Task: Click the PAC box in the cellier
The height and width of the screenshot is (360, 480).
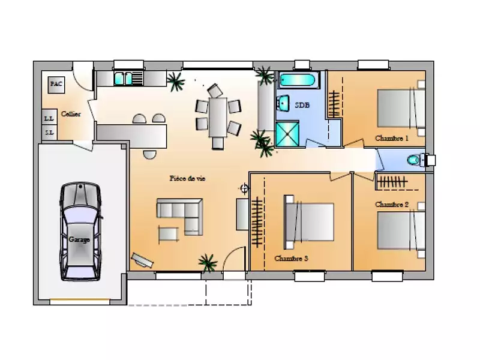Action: [x=56, y=85]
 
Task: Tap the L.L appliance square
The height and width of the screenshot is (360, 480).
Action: [x=49, y=118]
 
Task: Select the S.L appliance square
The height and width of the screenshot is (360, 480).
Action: [x=49, y=133]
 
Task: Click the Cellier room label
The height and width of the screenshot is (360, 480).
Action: [x=71, y=114]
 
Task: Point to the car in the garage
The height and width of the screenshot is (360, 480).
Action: [x=80, y=232]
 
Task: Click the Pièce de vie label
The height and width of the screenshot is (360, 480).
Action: [x=187, y=178]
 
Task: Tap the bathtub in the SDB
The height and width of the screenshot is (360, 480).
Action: [x=296, y=80]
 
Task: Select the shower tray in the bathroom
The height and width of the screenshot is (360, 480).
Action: [x=287, y=134]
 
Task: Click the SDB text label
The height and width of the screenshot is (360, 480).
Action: [x=302, y=105]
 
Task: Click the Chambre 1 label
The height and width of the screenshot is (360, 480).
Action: [x=392, y=139]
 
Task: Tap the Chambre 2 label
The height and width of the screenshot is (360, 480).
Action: [x=392, y=204]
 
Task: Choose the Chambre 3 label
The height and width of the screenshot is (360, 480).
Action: [x=291, y=259]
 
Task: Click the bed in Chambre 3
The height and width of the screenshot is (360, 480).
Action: [x=308, y=222]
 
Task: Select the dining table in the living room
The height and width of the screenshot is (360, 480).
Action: [x=218, y=117]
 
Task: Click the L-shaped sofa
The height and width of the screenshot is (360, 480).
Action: [x=184, y=213]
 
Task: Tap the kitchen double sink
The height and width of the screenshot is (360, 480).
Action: [x=124, y=79]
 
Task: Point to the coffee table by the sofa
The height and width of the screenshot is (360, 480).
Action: [x=168, y=234]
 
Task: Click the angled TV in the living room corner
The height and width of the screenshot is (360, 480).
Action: [x=142, y=260]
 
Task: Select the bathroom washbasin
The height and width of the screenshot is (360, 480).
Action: [x=283, y=103]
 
